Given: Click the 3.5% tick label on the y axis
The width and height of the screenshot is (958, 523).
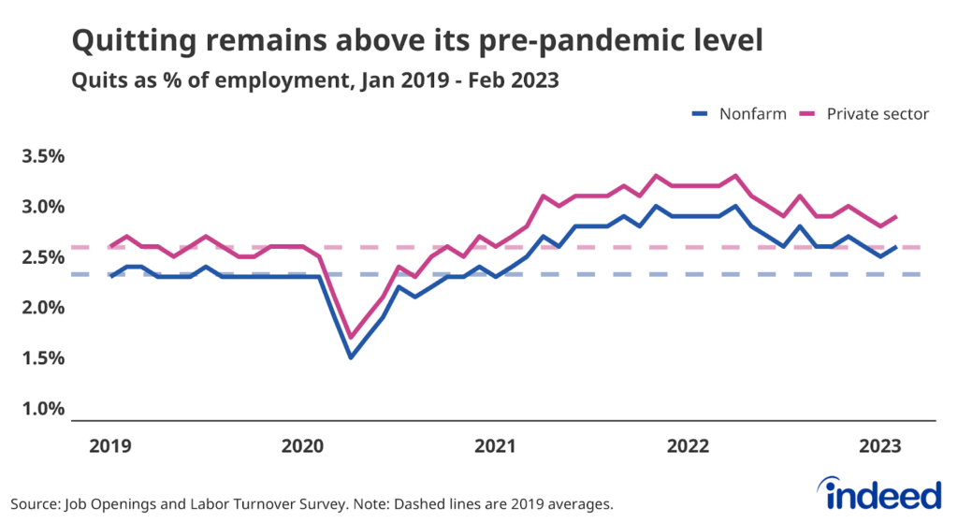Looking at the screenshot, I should (x=43, y=156).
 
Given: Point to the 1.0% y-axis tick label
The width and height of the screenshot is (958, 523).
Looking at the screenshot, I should (x=43, y=409).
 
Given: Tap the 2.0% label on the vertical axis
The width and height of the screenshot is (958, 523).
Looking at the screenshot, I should (x=43, y=308).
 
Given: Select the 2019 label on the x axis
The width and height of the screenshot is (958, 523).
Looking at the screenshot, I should (x=109, y=447).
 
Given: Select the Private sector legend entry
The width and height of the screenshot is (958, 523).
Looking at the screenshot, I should (x=864, y=114).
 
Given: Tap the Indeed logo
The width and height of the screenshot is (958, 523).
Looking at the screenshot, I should (x=878, y=493).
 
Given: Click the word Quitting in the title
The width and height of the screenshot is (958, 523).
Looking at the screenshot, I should (x=131, y=41).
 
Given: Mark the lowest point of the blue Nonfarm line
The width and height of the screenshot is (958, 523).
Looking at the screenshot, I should (x=350, y=357).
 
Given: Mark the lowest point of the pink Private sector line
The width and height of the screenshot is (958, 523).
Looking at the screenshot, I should (x=350, y=337).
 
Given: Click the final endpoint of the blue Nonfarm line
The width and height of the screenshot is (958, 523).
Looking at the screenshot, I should (x=896, y=247).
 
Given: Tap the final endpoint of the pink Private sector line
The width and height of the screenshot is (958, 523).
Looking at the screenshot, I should (x=896, y=217).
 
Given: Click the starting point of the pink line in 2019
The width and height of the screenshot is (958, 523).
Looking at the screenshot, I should (x=111, y=247).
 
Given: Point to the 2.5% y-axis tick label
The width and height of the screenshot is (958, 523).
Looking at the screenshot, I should (x=43, y=257).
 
